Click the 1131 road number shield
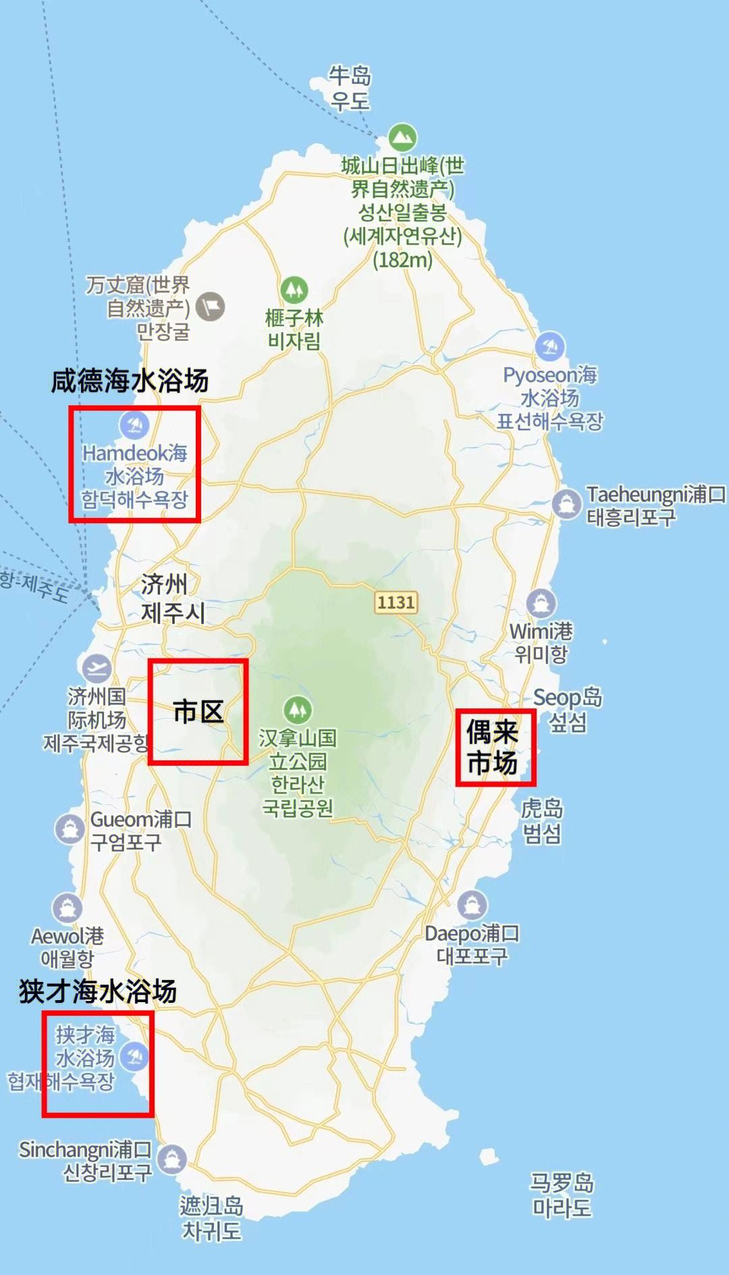point(396,602)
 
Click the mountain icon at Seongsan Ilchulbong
point(403,138)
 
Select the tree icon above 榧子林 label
point(294,290)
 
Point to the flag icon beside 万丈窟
point(210,307)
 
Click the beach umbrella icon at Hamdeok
point(134,425)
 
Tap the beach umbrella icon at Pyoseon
point(550,346)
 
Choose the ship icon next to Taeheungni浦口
point(566,503)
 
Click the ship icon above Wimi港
point(541,602)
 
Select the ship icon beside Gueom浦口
point(70,829)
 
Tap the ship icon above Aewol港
point(67,908)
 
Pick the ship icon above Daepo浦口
point(472,905)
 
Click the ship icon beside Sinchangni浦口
point(171,1160)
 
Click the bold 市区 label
point(198,712)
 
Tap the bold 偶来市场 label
point(493,747)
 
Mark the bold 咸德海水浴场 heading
point(130,381)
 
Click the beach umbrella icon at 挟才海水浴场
point(134,1057)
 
